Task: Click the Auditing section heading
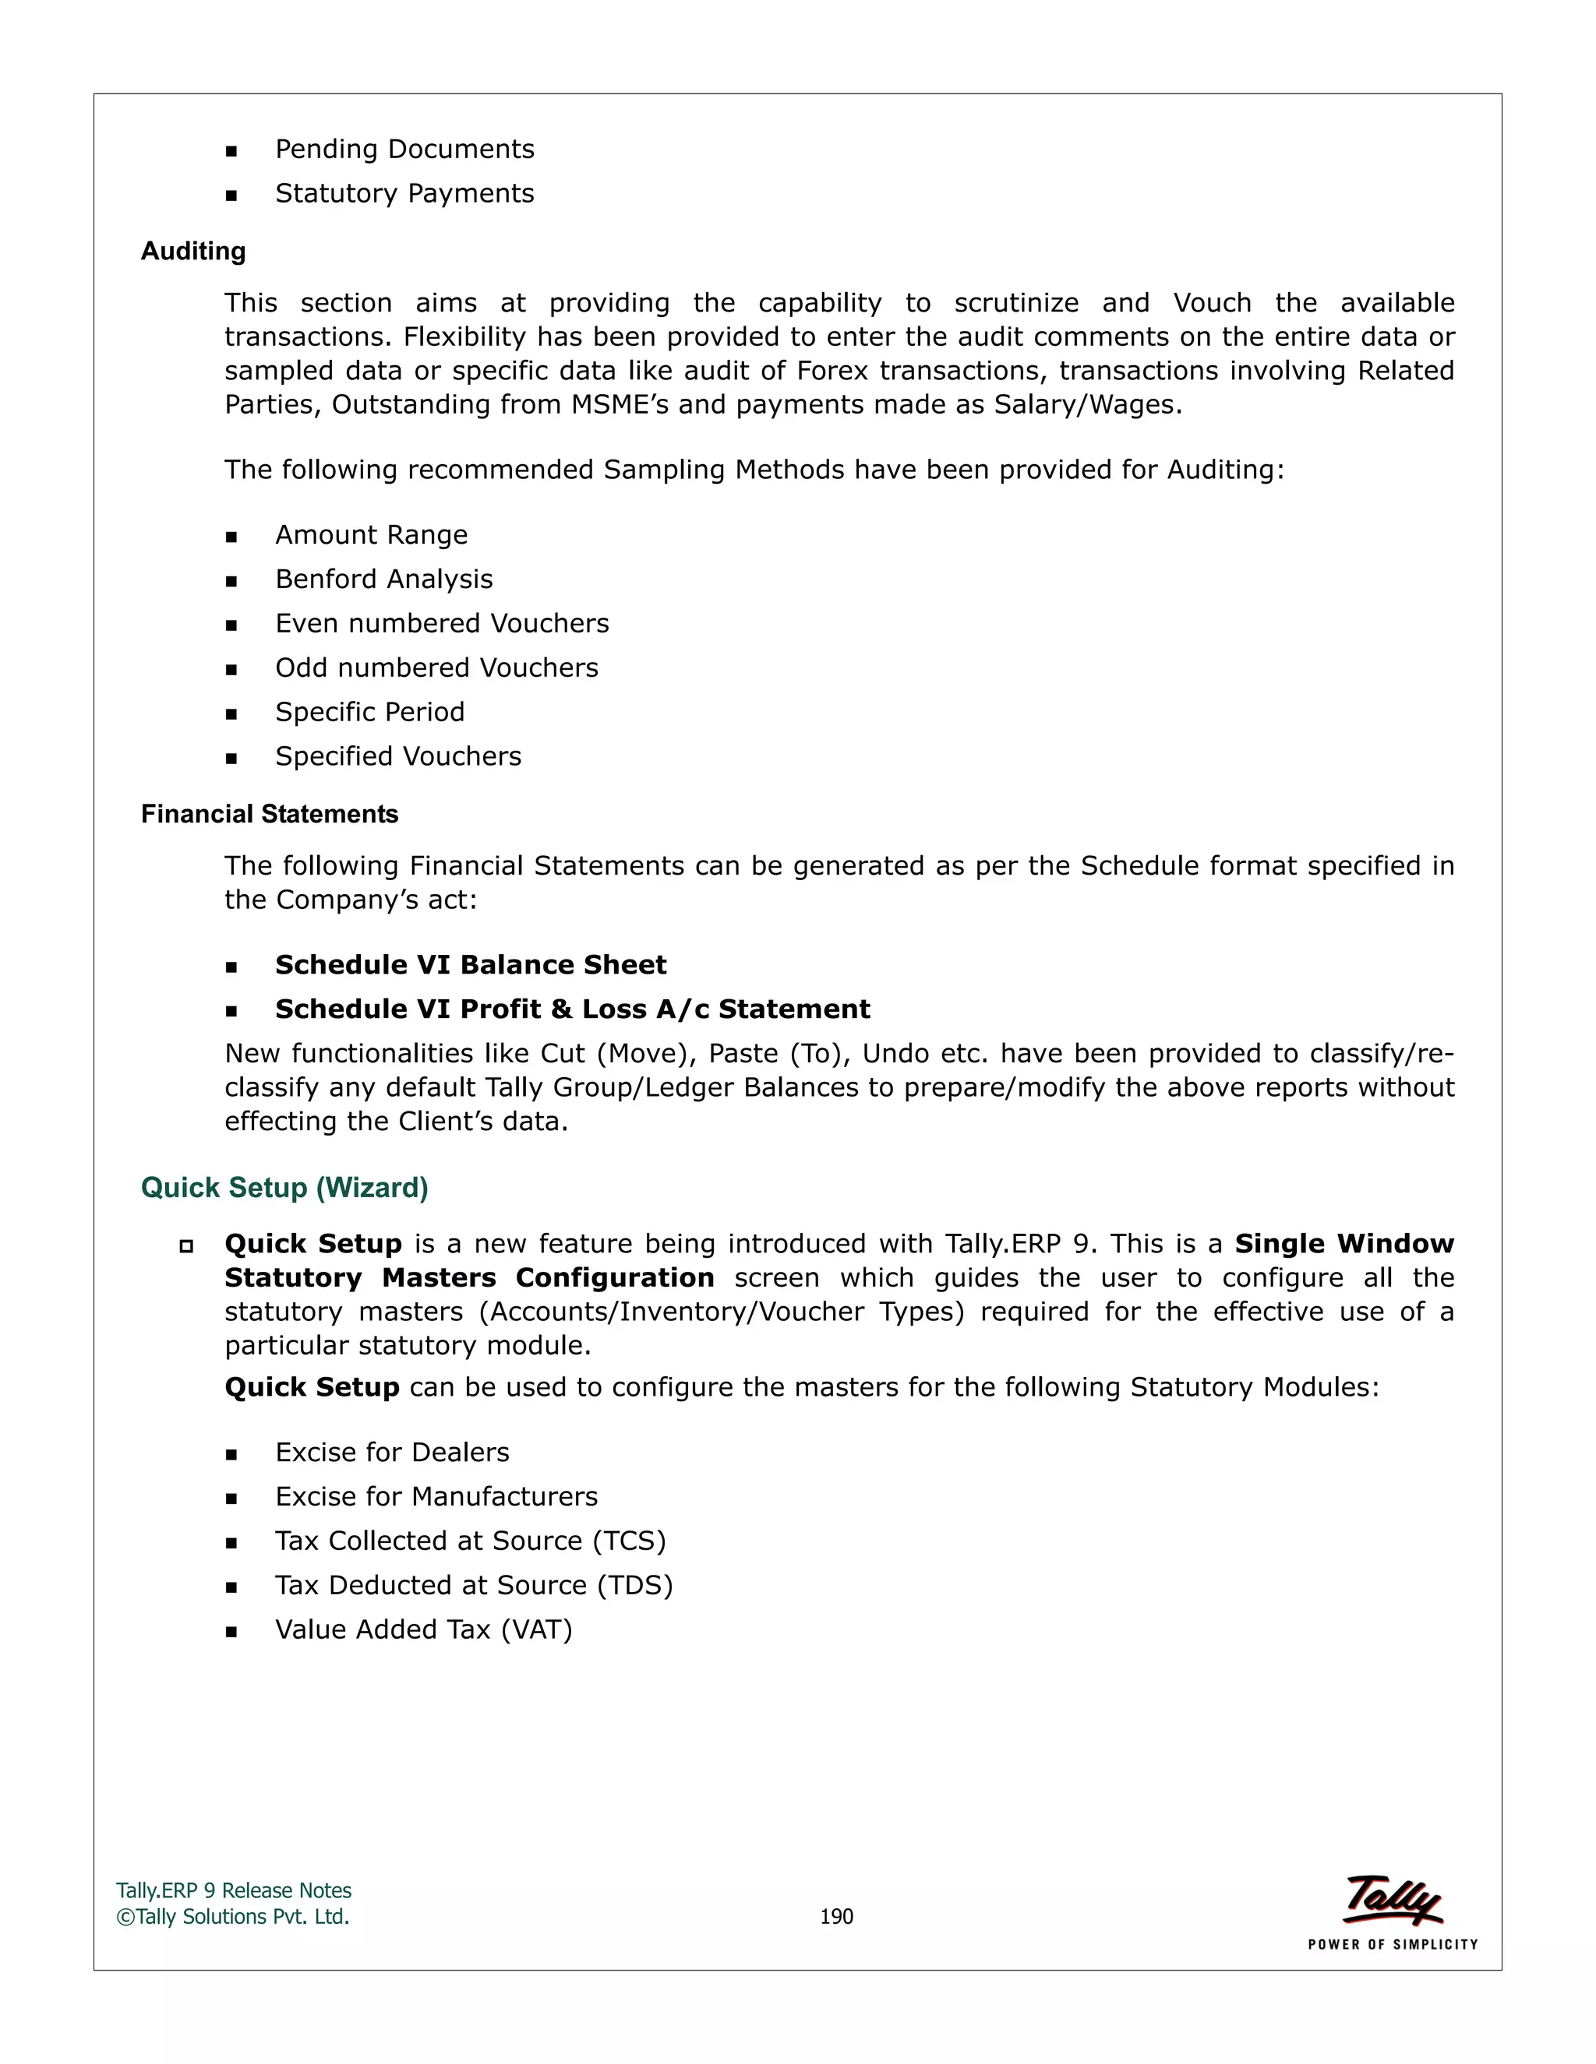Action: pyautogui.click(x=193, y=252)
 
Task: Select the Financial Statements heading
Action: pyautogui.click(x=270, y=815)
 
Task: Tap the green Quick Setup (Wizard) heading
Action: pyautogui.click(x=284, y=1188)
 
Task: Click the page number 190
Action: pyautogui.click(x=836, y=1917)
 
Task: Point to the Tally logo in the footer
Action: pyautogui.click(x=1393, y=1900)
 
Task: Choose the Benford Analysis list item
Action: pyautogui.click(x=384, y=579)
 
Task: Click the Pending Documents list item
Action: pyautogui.click(x=404, y=150)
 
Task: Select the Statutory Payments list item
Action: pyautogui.click(x=404, y=194)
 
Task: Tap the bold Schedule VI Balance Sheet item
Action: pyautogui.click(x=471, y=965)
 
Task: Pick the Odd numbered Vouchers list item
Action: pyautogui.click(x=437, y=668)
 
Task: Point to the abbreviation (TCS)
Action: pyautogui.click(x=630, y=1541)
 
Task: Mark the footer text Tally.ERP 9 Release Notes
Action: pyautogui.click(x=234, y=1891)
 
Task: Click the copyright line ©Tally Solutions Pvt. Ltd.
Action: pyautogui.click(x=232, y=1917)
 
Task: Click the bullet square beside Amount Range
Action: pyautogui.click(x=231, y=537)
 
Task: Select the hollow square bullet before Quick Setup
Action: pyautogui.click(x=186, y=1245)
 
